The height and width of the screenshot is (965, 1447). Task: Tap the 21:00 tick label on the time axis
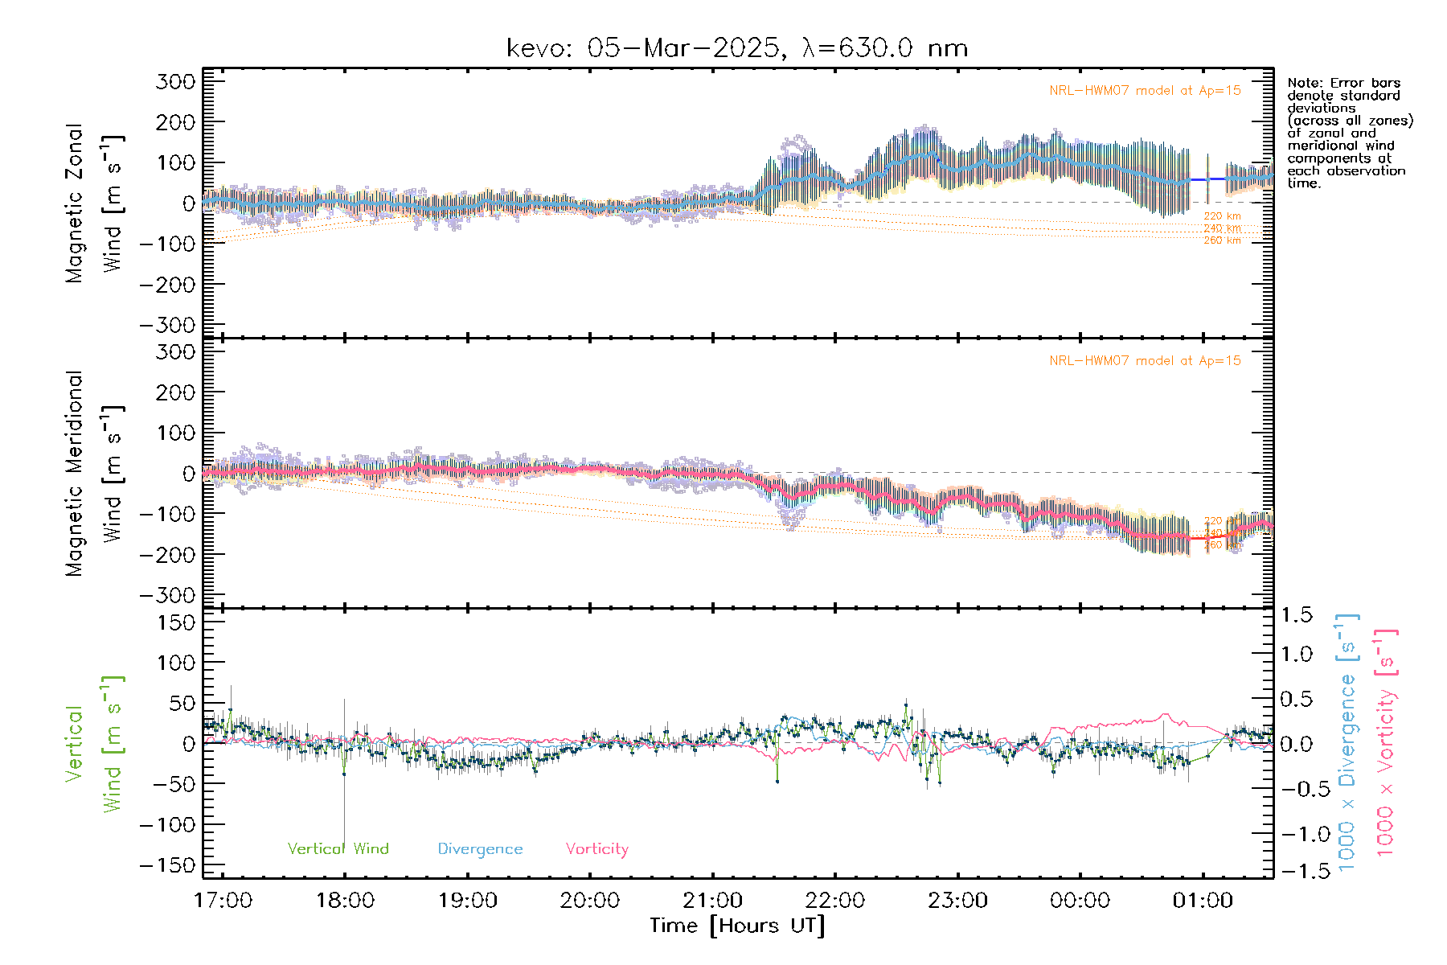coord(712,901)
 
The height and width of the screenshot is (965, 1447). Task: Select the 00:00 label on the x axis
coord(1080,901)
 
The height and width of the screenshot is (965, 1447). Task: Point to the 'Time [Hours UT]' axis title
coord(737,926)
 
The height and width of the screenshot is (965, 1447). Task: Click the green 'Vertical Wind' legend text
coord(338,848)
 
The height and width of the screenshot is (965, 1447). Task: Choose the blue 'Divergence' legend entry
coord(480,848)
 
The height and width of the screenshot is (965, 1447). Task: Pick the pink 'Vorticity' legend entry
coord(596,848)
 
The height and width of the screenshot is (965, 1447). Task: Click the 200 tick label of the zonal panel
coord(175,122)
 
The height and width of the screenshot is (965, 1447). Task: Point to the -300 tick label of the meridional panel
coord(167,595)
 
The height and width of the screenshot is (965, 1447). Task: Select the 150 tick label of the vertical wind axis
coord(175,622)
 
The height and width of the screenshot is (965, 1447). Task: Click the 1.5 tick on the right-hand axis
coord(1296,615)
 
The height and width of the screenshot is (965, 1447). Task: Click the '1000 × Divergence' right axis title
coord(1347,742)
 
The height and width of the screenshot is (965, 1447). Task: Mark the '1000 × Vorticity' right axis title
coord(1386,742)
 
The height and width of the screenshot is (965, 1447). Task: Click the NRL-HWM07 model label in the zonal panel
coord(1145,91)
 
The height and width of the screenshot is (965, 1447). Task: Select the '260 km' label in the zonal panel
coord(1222,240)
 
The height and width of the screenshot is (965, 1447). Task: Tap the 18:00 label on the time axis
coord(345,901)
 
